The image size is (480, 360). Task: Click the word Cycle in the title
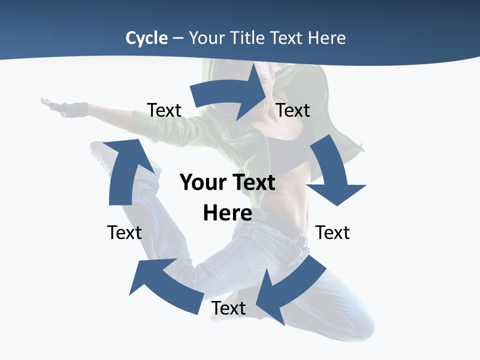(x=146, y=38)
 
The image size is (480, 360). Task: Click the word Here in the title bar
(x=327, y=38)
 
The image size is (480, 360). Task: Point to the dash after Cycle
(x=178, y=38)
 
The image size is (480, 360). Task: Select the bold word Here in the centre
(x=227, y=213)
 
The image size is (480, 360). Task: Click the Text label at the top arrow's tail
(x=164, y=110)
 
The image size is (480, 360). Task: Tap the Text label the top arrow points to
(x=293, y=110)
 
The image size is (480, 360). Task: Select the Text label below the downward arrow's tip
(x=332, y=232)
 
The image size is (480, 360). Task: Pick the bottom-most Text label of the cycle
(x=228, y=308)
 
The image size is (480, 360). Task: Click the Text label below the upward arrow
(x=124, y=232)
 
